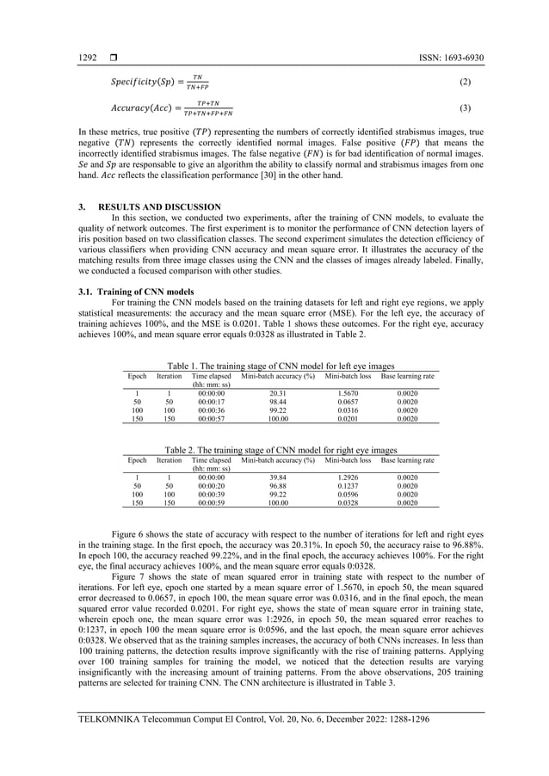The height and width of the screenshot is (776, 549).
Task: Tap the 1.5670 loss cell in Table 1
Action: tap(348, 393)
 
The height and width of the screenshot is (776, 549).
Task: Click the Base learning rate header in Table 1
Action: tap(408, 377)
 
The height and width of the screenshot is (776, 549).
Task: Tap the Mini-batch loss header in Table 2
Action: tap(348, 459)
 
